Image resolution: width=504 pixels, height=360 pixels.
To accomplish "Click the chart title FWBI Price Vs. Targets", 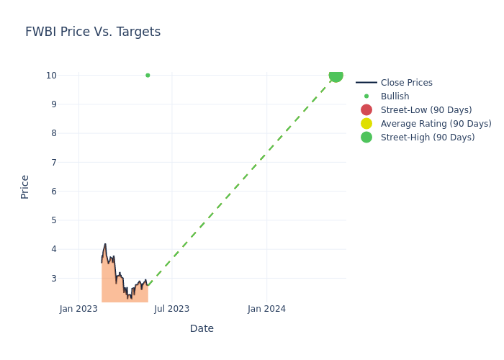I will click(93, 32).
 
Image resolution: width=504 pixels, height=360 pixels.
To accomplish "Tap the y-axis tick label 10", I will click(51, 76).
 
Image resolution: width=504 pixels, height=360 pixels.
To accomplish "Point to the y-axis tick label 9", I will click(53, 104).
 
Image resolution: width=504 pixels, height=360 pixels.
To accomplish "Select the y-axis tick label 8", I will click(53, 133).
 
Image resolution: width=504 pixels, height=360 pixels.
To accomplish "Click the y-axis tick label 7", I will click(53, 163).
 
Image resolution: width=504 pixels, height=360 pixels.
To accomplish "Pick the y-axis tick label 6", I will click(53, 192).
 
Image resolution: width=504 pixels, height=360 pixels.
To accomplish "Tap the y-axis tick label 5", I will click(53, 220).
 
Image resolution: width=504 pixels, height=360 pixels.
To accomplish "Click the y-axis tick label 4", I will click(53, 249).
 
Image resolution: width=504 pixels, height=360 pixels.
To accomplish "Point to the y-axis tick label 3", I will click(53, 279).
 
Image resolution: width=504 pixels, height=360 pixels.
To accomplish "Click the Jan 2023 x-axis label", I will click(78, 309).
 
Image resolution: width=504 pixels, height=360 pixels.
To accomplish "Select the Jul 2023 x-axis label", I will click(172, 309).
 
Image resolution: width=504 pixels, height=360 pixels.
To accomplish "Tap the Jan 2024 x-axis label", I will click(266, 309).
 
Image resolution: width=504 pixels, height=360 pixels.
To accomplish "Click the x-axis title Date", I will click(202, 328).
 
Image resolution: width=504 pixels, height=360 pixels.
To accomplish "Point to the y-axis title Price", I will click(25, 186).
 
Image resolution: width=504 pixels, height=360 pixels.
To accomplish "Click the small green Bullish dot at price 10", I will click(148, 75).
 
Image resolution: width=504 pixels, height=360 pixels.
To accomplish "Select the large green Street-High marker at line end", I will click(336, 75).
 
